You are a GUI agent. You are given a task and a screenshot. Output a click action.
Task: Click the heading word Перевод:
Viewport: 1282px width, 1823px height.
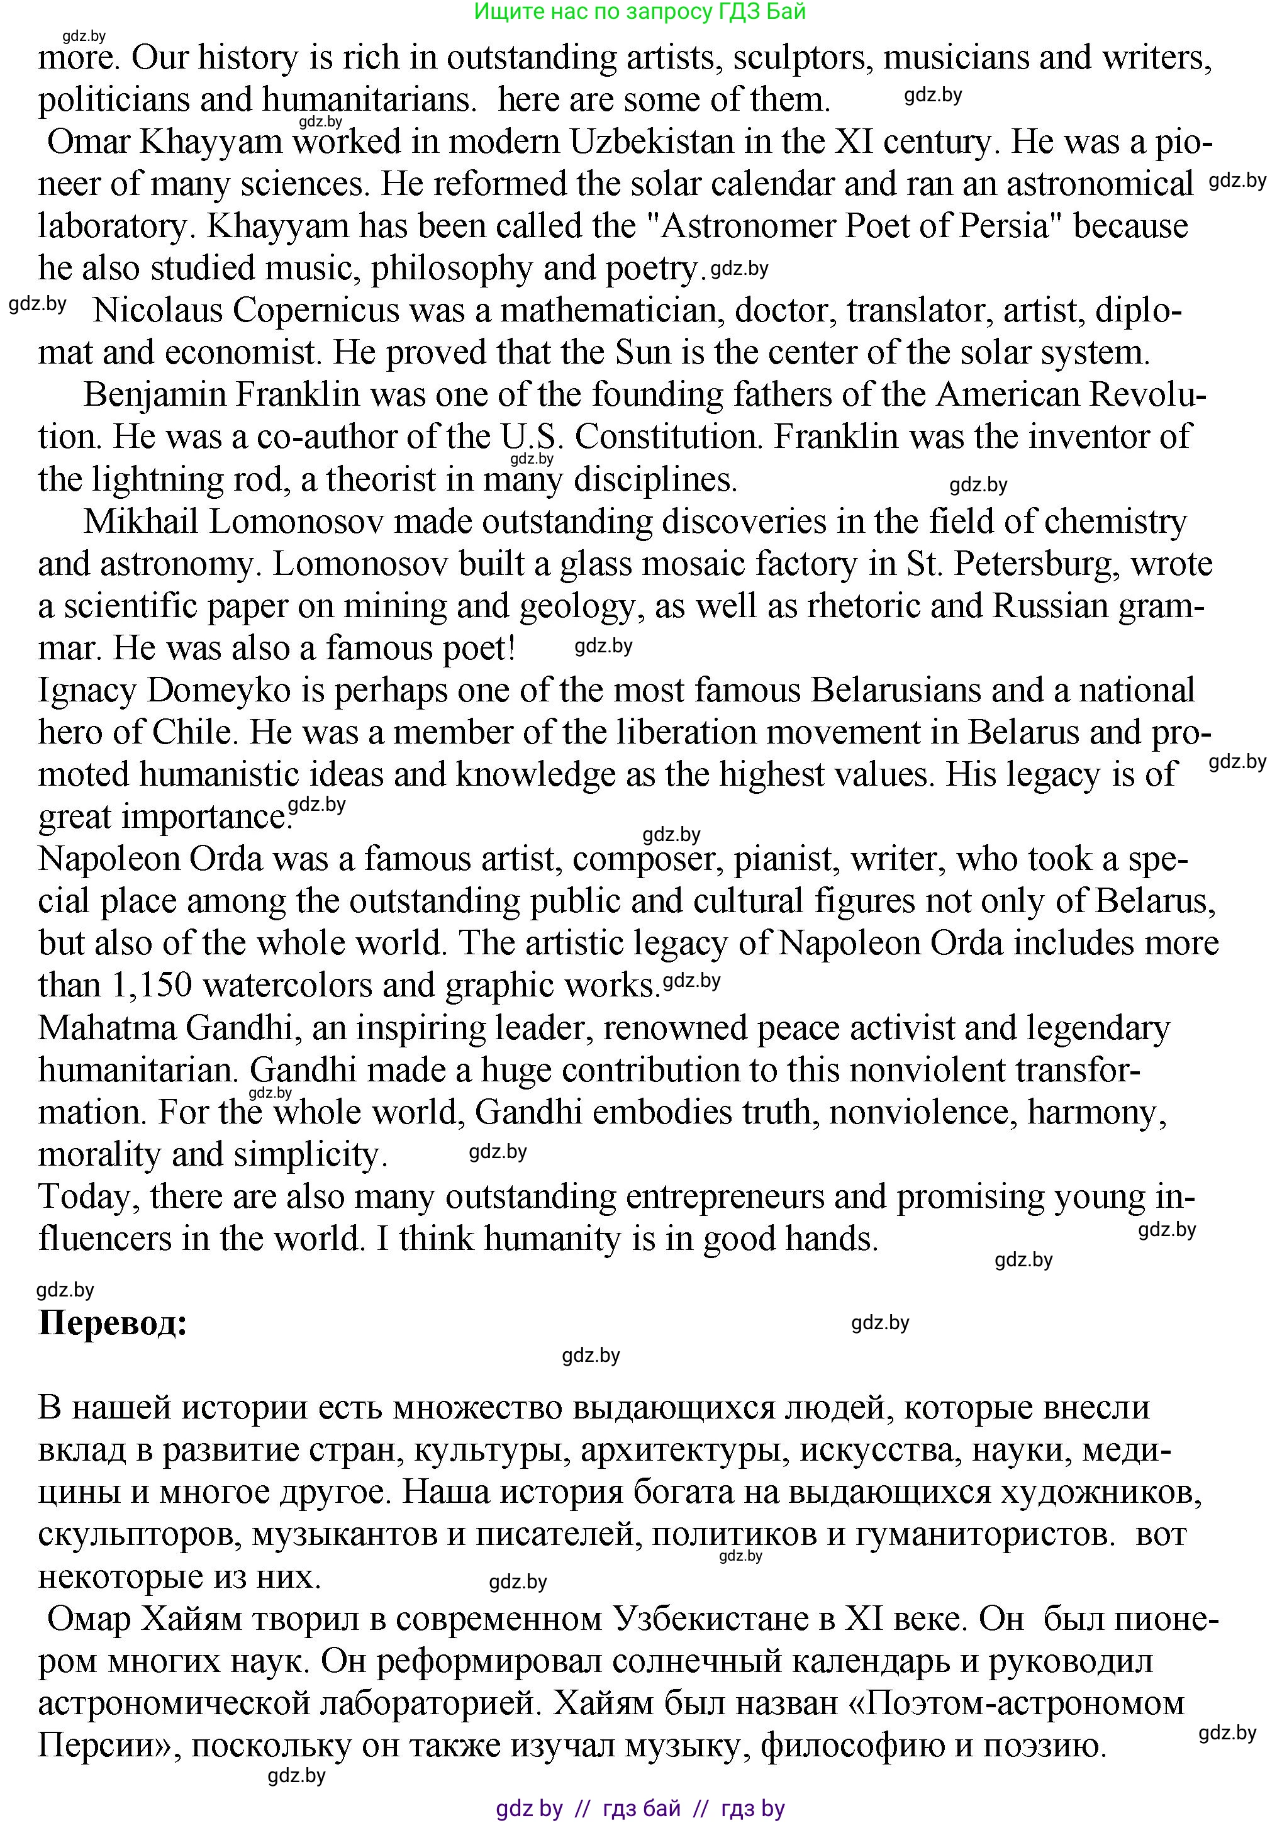[x=113, y=1324]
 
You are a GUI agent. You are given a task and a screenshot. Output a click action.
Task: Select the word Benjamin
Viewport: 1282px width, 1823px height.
[x=143, y=394]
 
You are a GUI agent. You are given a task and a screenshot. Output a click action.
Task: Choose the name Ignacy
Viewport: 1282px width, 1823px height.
[x=87, y=691]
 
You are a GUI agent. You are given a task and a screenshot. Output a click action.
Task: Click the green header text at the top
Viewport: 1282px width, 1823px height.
[x=640, y=11]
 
